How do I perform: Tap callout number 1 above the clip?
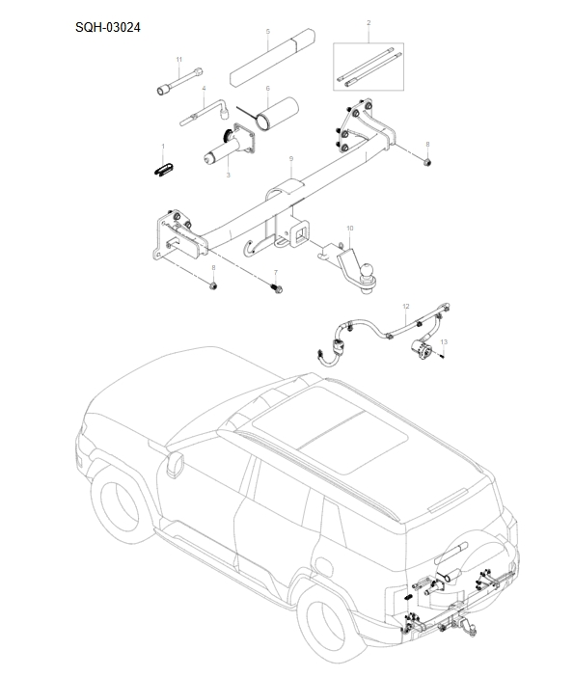163,147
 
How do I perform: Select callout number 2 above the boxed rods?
369,21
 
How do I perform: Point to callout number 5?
267,31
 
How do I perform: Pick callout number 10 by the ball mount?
349,229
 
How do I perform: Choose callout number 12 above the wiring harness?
406,305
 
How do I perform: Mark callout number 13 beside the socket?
444,341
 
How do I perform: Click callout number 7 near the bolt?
275,273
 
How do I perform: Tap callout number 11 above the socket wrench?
178,60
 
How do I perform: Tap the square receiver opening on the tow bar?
302,231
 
